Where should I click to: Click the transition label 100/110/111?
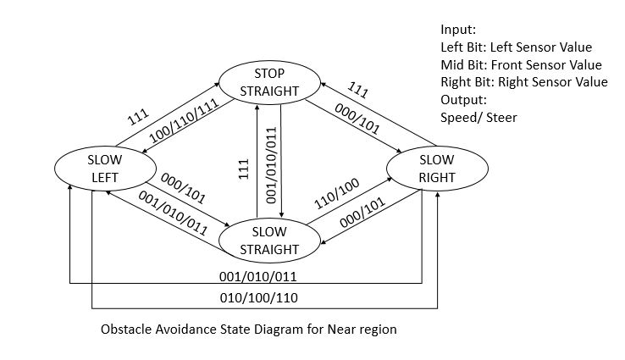184,121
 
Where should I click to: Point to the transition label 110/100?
337,194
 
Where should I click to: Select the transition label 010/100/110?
258,298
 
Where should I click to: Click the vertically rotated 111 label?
244,169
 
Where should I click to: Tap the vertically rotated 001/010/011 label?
271,165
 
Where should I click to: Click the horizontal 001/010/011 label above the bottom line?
258,277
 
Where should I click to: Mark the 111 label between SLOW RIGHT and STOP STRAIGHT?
357,90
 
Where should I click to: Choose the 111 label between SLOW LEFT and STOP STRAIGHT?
138,117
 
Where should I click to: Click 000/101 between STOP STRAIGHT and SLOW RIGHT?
357,119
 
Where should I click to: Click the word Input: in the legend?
458,30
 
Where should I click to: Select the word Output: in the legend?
463,100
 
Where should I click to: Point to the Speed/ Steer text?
478,117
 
